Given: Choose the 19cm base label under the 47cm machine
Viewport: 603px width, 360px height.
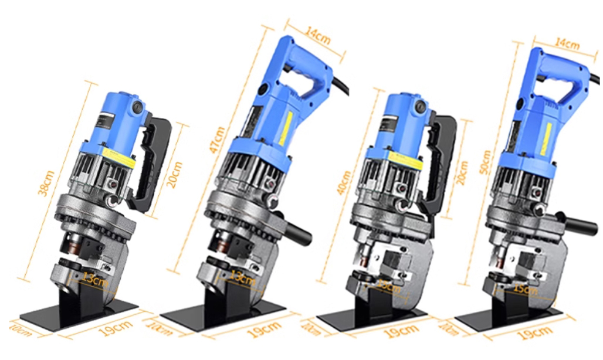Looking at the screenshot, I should click(255, 331).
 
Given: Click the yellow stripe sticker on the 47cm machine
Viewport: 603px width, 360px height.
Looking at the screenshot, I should click(287, 127).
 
